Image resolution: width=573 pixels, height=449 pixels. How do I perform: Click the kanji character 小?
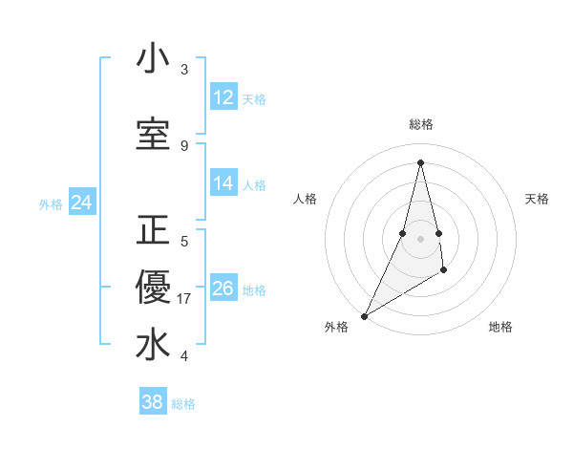pos(153,59)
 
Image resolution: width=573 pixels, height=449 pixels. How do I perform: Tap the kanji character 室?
pos(153,134)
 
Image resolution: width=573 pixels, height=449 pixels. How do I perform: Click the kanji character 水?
pos(153,345)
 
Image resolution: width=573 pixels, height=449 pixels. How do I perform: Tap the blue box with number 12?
pos(223,97)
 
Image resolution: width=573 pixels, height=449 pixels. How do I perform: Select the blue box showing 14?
pos(223,183)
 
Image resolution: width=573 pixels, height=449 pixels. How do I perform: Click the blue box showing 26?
pos(223,289)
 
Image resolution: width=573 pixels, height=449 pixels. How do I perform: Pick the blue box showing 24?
pos(81,203)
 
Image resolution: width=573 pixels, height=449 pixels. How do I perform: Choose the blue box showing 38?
pos(153,402)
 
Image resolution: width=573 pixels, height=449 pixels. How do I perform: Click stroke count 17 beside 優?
pos(184,298)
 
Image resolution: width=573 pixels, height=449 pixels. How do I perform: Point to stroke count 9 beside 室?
pos(184,145)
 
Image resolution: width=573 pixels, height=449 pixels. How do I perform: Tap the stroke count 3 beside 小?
pos(184,70)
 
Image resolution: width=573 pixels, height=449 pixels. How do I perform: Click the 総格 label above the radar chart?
pos(420,124)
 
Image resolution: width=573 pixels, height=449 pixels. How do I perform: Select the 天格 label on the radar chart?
pos(537,199)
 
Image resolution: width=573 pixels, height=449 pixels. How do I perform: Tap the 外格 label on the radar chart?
pos(336,327)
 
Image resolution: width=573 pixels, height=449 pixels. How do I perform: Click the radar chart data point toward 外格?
pos(364,315)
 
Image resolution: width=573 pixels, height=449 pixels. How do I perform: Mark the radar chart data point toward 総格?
pos(420,162)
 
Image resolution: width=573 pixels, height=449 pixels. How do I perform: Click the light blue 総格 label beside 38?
pos(183,403)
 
